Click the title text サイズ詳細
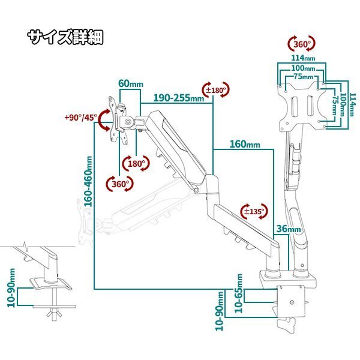click(x=65, y=37)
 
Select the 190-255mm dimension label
click(x=178, y=98)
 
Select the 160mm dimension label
click(x=244, y=145)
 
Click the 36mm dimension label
click(x=289, y=229)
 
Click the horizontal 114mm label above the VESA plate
click(x=302, y=58)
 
